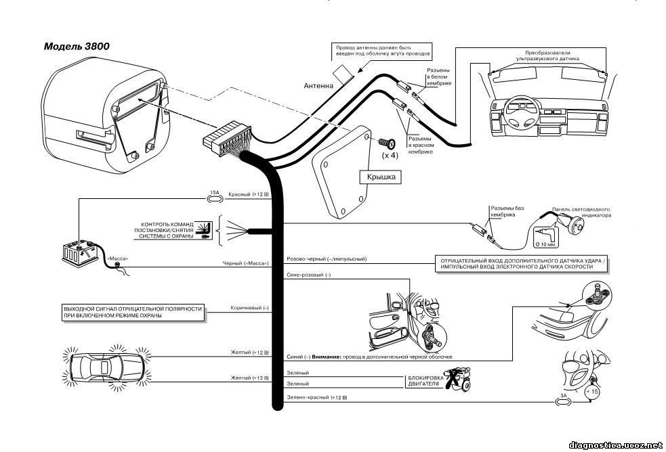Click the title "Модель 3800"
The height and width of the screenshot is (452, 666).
(x=77, y=46)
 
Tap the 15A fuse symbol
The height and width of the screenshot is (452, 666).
(x=215, y=197)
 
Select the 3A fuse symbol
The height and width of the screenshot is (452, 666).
(x=564, y=401)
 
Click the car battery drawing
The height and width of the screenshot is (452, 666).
(x=81, y=252)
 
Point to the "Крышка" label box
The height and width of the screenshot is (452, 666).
(x=381, y=177)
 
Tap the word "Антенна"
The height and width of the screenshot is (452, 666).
(x=318, y=86)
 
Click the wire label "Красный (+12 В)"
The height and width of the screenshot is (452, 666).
(x=249, y=194)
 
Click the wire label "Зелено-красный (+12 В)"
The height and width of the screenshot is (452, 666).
(x=317, y=398)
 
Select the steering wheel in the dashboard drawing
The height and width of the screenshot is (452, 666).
(x=522, y=116)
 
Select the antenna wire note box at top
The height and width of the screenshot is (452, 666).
(x=382, y=51)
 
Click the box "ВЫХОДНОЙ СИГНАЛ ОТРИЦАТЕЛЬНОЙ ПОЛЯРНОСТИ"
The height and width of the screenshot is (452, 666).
(x=133, y=312)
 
